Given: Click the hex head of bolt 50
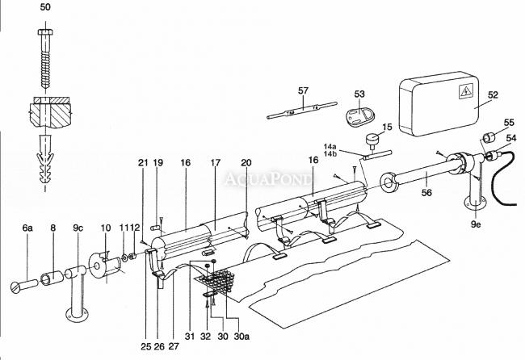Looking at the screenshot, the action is pyautogui.click(x=45, y=32).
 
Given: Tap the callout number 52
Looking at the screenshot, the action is pyautogui.click(x=493, y=95).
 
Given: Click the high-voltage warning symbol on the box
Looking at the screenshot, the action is pyautogui.click(x=465, y=91).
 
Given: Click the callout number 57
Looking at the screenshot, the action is pyautogui.click(x=303, y=90).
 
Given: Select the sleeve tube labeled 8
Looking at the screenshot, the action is pyautogui.click(x=52, y=278).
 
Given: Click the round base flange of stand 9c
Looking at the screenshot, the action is pyautogui.click(x=78, y=315).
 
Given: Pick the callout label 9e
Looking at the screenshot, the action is pyautogui.click(x=476, y=224).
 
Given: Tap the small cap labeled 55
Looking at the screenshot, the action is pyautogui.click(x=490, y=137).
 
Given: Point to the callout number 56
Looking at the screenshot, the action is pyautogui.click(x=426, y=193).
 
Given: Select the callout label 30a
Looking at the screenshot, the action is pyautogui.click(x=241, y=337).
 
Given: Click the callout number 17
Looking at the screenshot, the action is pyautogui.click(x=216, y=162).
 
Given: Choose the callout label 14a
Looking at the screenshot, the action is pyautogui.click(x=330, y=147).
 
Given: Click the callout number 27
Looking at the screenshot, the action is pyautogui.click(x=174, y=346).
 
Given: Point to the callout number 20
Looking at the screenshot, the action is pyautogui.click(x=246, y=162).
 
